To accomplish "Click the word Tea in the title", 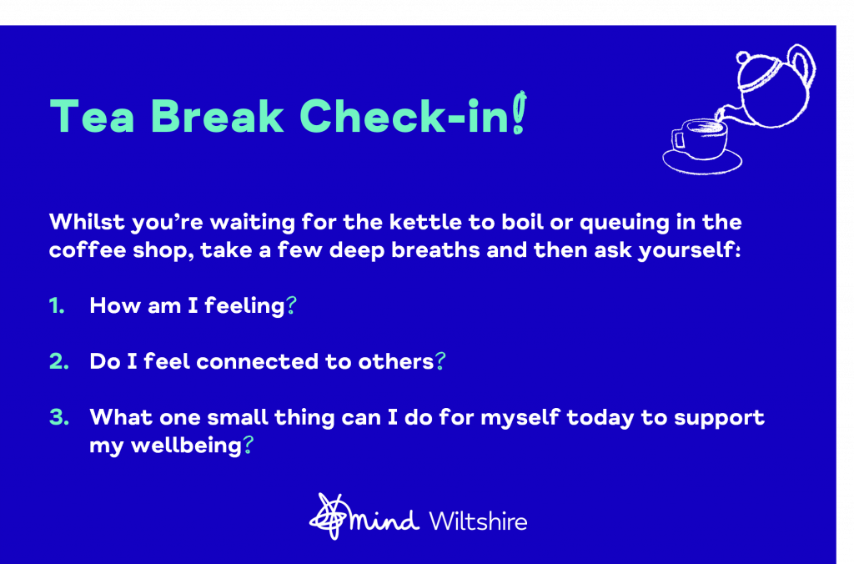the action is click(92, 115).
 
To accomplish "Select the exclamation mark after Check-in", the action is click(520, 113).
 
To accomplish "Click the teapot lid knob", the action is click(743, 57).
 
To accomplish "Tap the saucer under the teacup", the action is click(702, 162).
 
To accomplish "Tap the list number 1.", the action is click(57, 305).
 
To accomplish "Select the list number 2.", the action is click(59, 361).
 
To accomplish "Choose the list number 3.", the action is click(59, 417).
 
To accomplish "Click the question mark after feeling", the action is click(291, 305).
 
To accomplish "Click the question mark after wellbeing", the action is click(248, 445).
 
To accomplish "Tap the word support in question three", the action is click(719, 419).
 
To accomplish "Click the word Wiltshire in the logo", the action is click(478, 521).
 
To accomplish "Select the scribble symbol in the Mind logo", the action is click(329, 516).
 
